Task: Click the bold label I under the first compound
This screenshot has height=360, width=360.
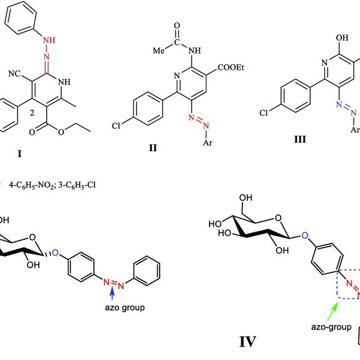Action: coord(20,154)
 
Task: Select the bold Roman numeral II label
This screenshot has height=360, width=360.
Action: coord(153,148)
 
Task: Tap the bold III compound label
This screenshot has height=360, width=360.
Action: coord(300,139)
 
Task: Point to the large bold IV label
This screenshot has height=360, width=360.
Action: coord(247,341)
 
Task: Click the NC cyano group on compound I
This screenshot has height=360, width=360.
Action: coord(14,74)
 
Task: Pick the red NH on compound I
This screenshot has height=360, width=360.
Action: coord(49,40)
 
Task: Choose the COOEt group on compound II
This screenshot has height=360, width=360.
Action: coord(231,67)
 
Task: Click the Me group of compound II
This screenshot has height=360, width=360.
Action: coord(159,50)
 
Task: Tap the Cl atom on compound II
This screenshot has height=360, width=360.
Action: coord(116,126)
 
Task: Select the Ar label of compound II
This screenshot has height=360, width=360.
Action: coord(208,142)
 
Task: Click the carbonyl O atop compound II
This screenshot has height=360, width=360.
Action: coord(177,26)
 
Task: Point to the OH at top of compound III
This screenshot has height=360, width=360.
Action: coord(342,38)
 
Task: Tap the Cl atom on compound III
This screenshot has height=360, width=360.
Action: coord(264,112)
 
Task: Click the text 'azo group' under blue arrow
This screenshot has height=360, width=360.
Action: coord(125,308)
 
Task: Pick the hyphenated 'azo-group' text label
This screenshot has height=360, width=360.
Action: coord(331,327)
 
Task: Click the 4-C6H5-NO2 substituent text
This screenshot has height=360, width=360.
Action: coord(31,185)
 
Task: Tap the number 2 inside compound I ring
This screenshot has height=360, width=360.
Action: coord(32,112)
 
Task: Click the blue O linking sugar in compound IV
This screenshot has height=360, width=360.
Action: coord(305,236)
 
